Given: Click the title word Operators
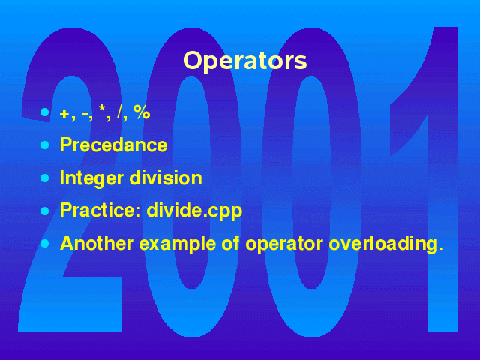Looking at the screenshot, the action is click(245, 61).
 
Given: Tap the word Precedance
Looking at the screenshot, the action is click(113, 145).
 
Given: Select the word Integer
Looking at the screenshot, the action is click(91, 178).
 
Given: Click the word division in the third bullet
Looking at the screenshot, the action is click(166, 178).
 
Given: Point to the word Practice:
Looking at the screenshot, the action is click(100, 210).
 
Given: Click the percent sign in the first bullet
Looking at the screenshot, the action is click(142, 112).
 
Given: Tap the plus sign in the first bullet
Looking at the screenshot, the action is click(64, 114).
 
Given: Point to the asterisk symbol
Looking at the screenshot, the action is click(102, 108).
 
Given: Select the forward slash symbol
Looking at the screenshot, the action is click(120, 112).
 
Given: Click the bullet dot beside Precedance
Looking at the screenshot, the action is click(45, 145).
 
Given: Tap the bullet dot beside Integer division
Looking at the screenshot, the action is click(45, 178).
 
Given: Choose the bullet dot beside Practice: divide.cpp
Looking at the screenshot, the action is click(45, 211).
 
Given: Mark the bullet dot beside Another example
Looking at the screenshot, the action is click(45, 244).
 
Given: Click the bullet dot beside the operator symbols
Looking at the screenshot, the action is click(45, 112).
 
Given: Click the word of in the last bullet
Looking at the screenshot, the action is click(230, 243).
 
